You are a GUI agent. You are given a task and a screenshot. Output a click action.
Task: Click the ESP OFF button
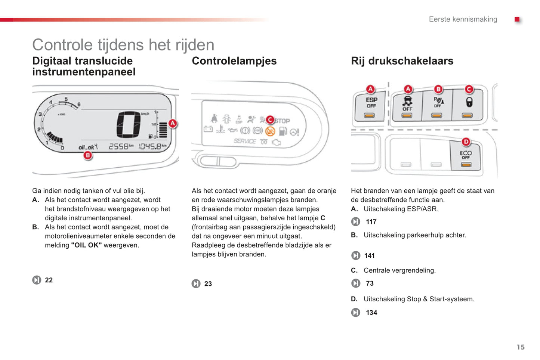370,106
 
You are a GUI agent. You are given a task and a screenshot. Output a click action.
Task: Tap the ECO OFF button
466,156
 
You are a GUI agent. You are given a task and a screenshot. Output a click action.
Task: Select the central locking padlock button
468,105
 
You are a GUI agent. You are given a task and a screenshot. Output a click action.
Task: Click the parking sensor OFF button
437,105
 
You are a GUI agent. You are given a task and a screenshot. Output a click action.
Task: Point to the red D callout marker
466,142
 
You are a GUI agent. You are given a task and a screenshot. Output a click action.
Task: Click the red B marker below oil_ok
88,155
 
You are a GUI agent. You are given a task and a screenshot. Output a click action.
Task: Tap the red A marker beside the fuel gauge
173,124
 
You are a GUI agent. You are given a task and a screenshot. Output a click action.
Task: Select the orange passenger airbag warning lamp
270,131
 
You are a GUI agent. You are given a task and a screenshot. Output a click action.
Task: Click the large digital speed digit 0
129,125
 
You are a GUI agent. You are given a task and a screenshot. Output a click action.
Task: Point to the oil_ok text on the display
88,147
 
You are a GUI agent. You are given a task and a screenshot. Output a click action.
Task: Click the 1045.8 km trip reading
152,146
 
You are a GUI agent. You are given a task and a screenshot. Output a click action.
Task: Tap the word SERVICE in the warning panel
245,141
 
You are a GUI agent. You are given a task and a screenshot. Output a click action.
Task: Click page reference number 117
371,222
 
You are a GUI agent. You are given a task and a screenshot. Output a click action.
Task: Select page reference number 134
371,313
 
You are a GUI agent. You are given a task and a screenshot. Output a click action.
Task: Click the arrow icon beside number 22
37,280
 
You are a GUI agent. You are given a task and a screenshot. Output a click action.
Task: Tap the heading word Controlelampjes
234,61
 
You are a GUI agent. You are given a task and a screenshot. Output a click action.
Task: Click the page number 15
521,347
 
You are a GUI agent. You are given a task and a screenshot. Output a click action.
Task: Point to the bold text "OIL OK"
86,245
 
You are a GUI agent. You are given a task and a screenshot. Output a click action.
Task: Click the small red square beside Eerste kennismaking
517,19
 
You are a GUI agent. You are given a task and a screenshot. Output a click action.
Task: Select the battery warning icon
208,129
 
